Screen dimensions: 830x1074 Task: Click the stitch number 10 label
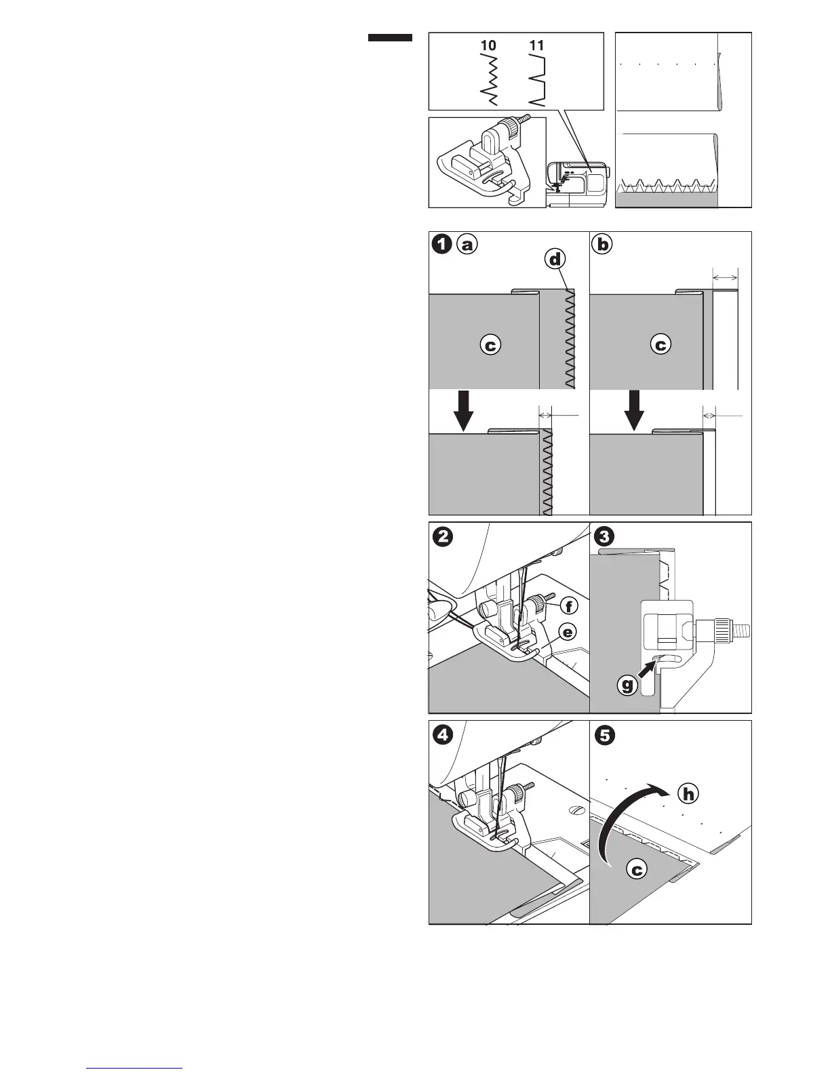tap(488, 46)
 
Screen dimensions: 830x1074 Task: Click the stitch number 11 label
tap(536, 46)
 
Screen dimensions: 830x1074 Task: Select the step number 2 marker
tap(441, 536)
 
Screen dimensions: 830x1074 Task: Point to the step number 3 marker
tap(603, 536)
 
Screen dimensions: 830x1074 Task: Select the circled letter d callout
tap(555, 260)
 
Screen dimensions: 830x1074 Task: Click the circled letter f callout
tap(567, 605)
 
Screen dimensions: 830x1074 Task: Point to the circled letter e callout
tap(567, 633)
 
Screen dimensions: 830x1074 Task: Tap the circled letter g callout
tap(629, 685)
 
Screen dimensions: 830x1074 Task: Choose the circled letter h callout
tap(689, 793)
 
